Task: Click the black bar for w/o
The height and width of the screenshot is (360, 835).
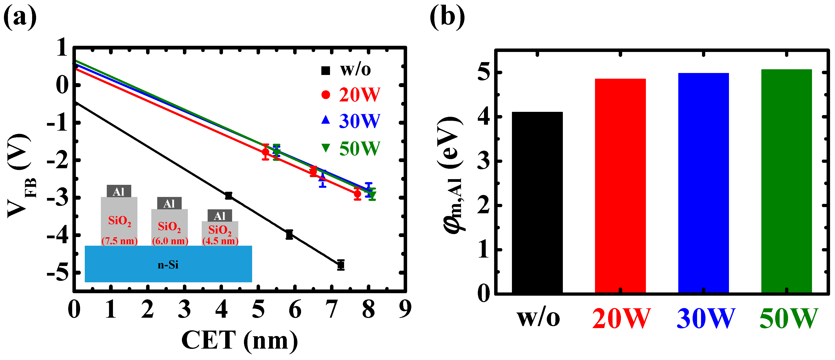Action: point(537,203)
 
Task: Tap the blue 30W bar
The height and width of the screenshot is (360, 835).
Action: point(703,183)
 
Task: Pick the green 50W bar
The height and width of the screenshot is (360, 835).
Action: point(786,181)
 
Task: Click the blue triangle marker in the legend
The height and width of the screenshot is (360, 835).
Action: point(326,120)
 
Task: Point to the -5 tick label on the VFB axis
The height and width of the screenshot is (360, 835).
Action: point(58,273)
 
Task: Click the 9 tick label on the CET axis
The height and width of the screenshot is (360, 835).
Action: point(405,310)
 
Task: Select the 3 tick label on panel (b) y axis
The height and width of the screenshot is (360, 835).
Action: point(484,161)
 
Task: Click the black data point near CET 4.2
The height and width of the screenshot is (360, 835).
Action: point(228,195)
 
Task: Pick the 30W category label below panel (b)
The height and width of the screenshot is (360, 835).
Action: point(705,318)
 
